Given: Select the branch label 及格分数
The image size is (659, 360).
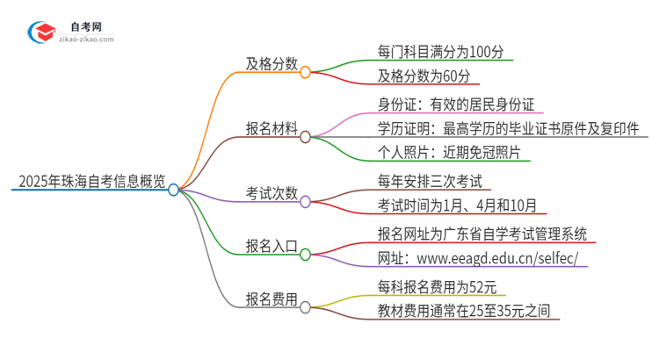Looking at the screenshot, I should point(272,64).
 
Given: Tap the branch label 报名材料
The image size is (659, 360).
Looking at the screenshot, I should point(272,128).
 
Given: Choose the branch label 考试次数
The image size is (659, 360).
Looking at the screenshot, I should point(272,192).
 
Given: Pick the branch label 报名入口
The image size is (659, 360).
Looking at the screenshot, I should point(272,246).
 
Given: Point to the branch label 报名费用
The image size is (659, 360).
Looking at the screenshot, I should point(272,299).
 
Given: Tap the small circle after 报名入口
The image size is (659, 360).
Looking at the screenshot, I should point(306,255).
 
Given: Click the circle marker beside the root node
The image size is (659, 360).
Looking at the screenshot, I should point(173,189).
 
